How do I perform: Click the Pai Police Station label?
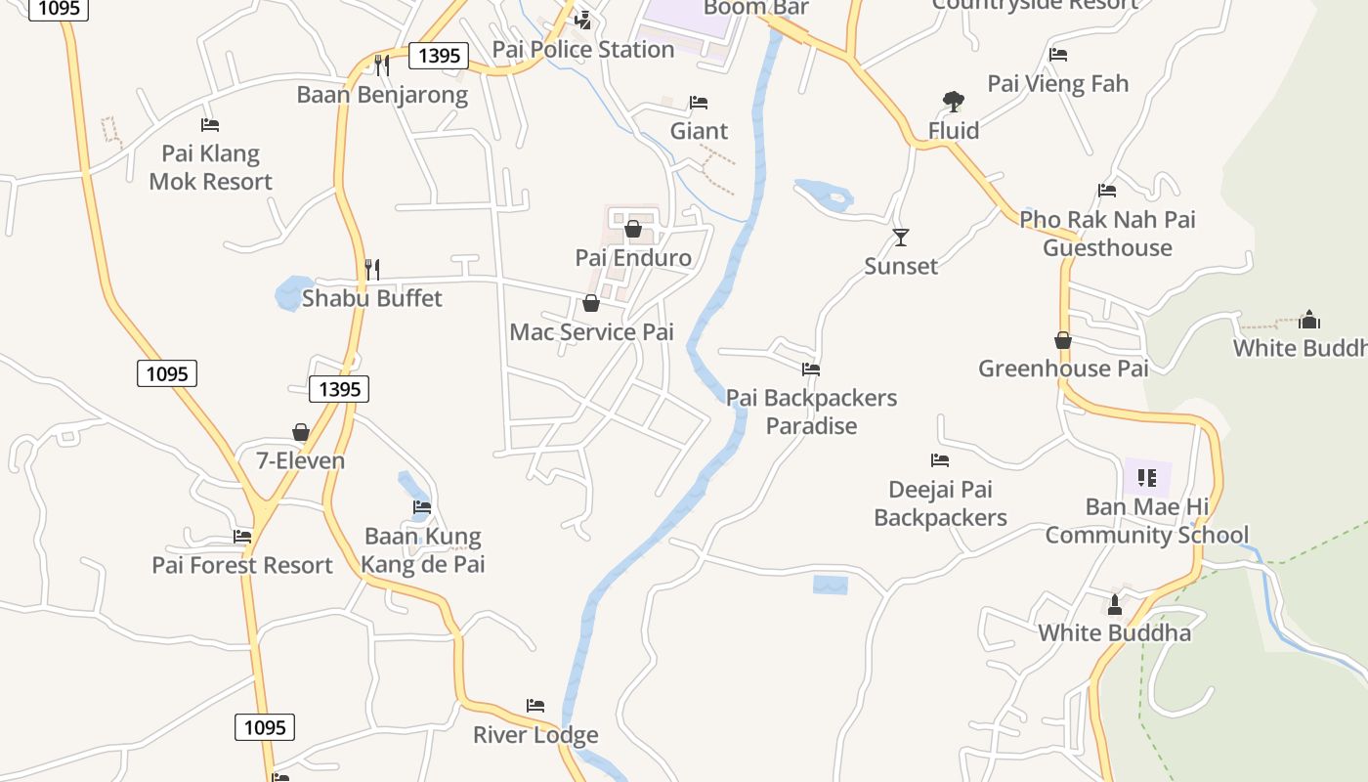click(583, 49)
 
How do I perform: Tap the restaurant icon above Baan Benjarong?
click(382, 65)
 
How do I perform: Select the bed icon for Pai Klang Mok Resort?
click(210, 125)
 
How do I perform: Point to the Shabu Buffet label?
click(372, 298)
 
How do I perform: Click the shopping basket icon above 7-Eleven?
click(300, 432)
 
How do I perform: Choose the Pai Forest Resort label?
click(242, 565)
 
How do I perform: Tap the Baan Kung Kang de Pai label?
click(423, 550)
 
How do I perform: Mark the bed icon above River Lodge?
click(535, 706)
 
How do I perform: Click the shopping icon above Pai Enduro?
click(633, 230)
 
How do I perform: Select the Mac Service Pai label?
click(592, 332)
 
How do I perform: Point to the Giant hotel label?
click(699, 131)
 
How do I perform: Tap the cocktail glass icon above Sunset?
click(901, 238)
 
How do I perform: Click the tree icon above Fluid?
click(954, 101)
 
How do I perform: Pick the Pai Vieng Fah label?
click(1058, 84)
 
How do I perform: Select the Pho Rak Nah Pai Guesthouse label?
click(1107, 234)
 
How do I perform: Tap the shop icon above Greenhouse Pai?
click(1063, 340)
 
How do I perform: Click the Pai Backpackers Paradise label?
click(811, 412)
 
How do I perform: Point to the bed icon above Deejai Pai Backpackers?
click(940, 460)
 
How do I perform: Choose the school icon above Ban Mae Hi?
click(1147, 478)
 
